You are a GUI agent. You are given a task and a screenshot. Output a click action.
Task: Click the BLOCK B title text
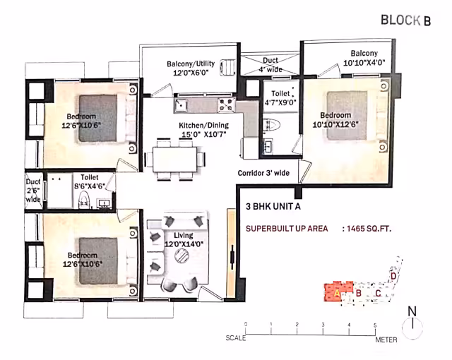405,20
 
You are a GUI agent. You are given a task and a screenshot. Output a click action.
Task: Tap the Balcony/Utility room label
191,68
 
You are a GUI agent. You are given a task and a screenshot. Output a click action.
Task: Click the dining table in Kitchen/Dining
175,160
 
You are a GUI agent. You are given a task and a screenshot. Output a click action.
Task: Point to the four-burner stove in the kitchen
226,104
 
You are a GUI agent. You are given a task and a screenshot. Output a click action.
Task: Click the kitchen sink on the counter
181,105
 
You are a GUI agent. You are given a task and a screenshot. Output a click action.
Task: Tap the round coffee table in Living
182,256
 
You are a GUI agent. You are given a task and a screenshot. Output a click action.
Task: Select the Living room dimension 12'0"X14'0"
184,244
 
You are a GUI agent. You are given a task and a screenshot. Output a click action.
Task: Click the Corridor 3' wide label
263,173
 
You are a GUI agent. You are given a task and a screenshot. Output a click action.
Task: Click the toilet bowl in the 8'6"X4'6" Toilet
84,201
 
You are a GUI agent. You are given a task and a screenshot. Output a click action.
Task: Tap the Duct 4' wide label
270,65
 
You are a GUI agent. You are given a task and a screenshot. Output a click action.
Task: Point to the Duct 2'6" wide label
33,191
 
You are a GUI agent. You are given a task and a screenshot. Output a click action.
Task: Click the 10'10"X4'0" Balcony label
364,58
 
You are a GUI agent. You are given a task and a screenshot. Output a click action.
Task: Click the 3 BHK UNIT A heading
273,207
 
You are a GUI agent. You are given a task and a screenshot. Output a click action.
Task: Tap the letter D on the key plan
393,276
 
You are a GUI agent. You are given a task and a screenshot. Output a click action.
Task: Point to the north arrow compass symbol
412,324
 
